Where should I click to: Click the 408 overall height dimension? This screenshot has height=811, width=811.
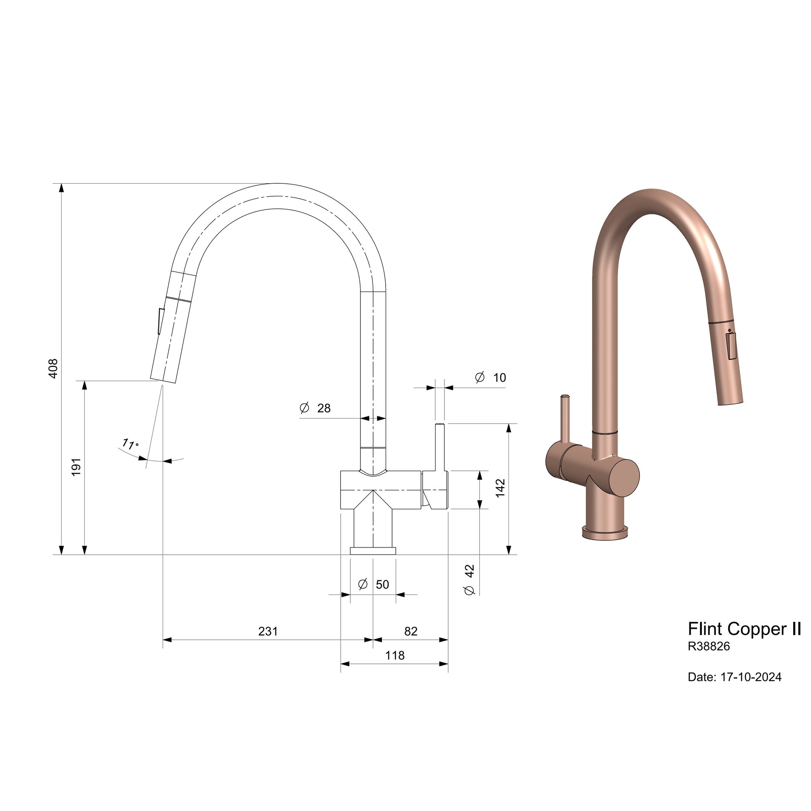[53, 369]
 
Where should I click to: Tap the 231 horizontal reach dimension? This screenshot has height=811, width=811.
[268, 631]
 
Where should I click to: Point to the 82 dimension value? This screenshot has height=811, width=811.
[411, 631]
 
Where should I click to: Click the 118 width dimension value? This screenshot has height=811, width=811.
[395, 655]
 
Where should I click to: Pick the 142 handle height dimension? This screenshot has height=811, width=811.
[501, 488]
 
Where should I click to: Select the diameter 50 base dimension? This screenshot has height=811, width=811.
[373, 584]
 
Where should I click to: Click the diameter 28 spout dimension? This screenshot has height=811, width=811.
[315, 408]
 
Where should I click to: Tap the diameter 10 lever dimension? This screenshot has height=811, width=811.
[490, 378]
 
